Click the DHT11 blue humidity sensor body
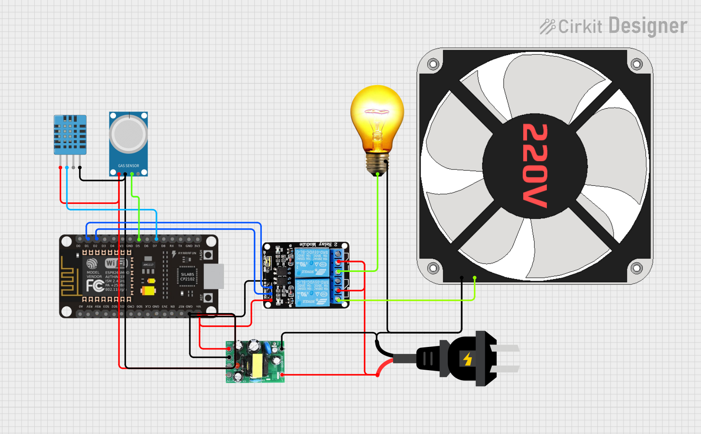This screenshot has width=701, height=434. pyautogui.click(x=70, y=134)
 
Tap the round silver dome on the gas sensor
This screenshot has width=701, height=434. pyautogui.click(x=128, y=134)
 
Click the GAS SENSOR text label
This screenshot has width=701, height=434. pyautogui.click(x=128, y=166)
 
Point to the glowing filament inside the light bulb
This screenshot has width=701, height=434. pyautogui.click(x=377, y=112)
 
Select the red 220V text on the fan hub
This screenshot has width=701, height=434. pyautogui.click(x=535, y=166)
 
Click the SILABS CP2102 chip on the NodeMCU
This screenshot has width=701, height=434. pyautogui.click(x=187, y=276)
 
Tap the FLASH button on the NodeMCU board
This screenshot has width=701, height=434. pyautogui.click(x=208, y=255)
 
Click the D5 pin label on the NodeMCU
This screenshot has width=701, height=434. pyautogui.click(x=138, y=246)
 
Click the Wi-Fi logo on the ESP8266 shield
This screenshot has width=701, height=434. pyautogui.click(x=116, y=263)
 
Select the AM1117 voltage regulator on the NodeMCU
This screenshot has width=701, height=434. pyautogui.click(x=148, y=265)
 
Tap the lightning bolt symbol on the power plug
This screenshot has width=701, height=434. pyautogui.click(x=468, y=359)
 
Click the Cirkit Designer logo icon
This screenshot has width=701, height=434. pyautogui.click(x=547, y=27)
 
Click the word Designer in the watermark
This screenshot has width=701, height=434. pyautogui.click(x=648, y=26)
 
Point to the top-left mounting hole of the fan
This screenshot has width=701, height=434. pyautogui.click(x=433, y=64)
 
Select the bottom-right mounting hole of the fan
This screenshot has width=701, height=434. pyautogui.click(x=637, y=268)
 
